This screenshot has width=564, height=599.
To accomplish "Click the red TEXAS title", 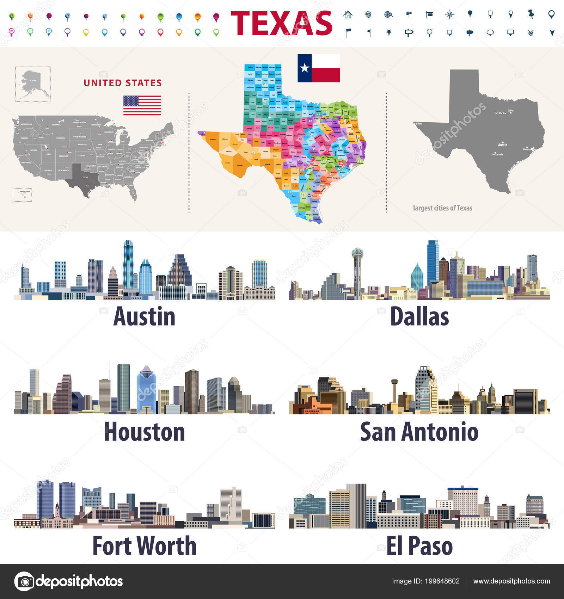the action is pyautogui.click(x=281, y=23).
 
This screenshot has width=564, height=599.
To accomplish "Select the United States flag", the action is pyautogui.click(x=142, y=105).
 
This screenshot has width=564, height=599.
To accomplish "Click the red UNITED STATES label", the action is pyautogui.click(x=123, y=83).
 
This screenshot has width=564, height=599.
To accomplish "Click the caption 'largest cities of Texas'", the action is pyautogui.click(x=442, y=208).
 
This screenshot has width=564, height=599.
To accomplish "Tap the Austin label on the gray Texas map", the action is pyautogui.click(x=503, y=145).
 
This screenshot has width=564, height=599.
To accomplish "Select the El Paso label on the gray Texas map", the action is pyautogui.click(x=419, y=124).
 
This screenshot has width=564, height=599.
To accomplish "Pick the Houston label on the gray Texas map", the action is pyautogui.click(x=527, y=149).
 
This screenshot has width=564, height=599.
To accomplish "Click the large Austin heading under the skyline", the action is pyautogui.click(x=144, y=316).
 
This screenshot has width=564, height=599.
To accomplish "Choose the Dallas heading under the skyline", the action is pyautogui.click(x=419, y=316).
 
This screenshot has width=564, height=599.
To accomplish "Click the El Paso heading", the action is pyautogui.click(x=419, y=546).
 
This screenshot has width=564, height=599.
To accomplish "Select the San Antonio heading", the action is pyautogui.click(x=419, y=432).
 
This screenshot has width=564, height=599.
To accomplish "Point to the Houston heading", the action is pyautogui.click(x=145, y=432).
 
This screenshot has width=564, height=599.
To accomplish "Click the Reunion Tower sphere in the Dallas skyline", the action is pyautogui.click(x=357, y=253).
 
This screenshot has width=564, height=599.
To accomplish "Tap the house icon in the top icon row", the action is pyautogui.click(x=348, y=14).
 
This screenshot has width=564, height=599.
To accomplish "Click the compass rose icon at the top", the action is pyautogui.click(x=449, y=14).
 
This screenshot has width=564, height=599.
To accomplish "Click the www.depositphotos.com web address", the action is pyautogui.click(x=511, y=581).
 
